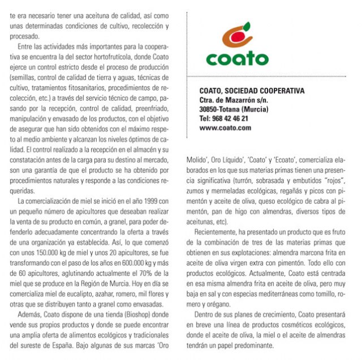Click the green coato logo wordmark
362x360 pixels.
(x=238, y=58)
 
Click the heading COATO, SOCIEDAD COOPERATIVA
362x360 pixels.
(x=252, y=91)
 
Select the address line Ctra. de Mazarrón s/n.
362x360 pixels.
(x=234, y=100)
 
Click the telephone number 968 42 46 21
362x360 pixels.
(x=223, y=118)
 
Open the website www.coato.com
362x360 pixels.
(x=225, y=128)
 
